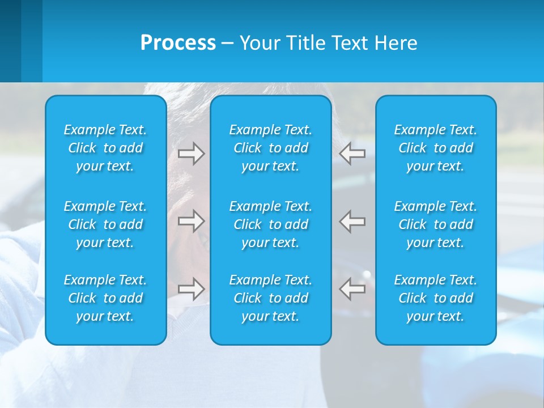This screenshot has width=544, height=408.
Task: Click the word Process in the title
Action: coord(178,43)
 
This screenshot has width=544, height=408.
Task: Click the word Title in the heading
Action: coord(305,43)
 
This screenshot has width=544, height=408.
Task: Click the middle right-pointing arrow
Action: coord(191,221)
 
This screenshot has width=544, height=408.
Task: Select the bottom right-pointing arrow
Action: coord(191,289)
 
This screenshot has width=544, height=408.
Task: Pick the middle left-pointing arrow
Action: coord(352,221)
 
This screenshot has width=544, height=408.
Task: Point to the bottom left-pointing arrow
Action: coord(352,289)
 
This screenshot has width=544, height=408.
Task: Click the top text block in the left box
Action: coord(105,148)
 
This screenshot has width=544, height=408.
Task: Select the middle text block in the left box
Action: coord(105,224)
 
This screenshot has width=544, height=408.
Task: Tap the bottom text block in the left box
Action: coord(105,298)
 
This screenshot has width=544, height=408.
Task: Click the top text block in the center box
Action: coord(271,148)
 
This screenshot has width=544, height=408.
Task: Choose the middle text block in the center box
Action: coord(271,224)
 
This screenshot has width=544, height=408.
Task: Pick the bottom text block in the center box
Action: coord(271,298)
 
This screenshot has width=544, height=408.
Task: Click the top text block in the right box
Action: coord(436,148)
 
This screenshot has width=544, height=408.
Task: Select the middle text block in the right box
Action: coord(436,224)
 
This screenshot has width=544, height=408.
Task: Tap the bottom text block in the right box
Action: coord(436,298)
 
